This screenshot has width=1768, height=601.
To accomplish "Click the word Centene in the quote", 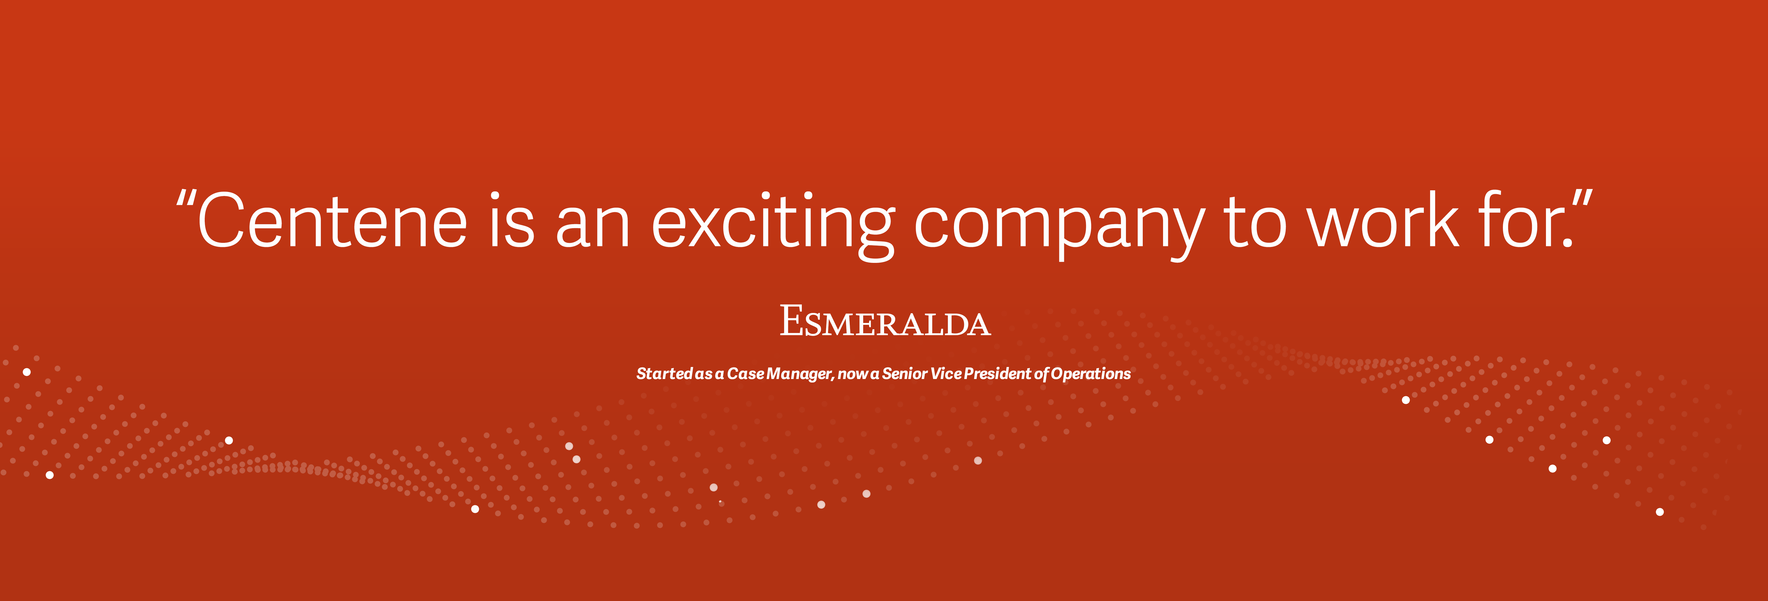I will point(332,221).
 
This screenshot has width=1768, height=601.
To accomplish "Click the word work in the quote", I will point(1382,221).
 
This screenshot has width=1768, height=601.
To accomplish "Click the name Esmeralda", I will point(885,322).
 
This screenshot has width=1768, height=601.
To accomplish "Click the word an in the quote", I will point(592,226).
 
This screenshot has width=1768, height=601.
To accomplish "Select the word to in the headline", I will point(1255,223).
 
